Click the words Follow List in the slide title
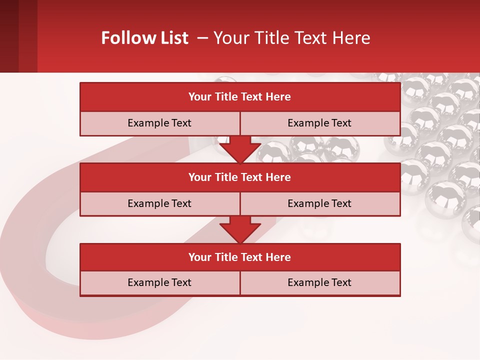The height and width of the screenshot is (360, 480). point(144,38)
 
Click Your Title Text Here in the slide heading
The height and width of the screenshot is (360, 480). point(291,38)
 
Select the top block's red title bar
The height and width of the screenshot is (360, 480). point(240,97)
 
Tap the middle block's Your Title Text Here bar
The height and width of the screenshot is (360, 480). point(240,177)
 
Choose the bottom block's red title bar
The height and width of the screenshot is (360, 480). point(240,257)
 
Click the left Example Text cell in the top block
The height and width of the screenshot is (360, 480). point(159,123)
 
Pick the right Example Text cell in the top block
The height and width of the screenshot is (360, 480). point(319,123)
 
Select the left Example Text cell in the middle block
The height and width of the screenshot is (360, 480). point(159,203)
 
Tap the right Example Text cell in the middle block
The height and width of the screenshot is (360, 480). point(319,203)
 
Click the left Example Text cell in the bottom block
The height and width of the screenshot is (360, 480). point(159,282)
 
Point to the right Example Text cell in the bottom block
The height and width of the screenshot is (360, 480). point(319,282)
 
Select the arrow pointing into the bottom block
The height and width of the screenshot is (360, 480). point(240,229)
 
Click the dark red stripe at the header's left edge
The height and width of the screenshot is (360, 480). point(9,36)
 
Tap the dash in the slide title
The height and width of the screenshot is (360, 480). point(203,38)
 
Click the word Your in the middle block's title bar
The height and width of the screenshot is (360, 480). point(199,177)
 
